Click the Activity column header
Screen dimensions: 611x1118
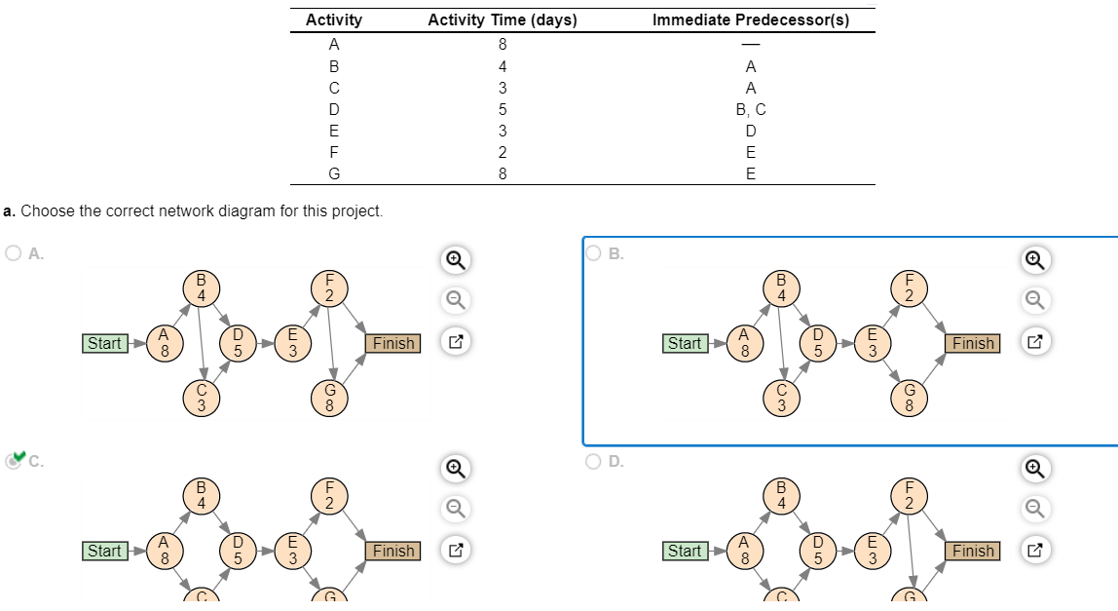pyautogui.click(x=333, y=20)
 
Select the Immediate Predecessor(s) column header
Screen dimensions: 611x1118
pyautogui.click(x=750, y=20)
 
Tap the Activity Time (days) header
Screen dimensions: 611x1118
pyautogui.click(x=502, y=20)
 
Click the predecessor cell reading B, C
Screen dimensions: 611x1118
pyautogui.click(x=750, y=110)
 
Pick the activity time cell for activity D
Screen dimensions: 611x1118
pyautogui.click(x=503, y=110)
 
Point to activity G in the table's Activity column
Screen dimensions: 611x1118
pyautogui.click(x=334, y=174)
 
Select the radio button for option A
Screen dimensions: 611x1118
pyautogui.click(x=14, y=253)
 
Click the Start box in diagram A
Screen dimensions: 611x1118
pyautogui.click(x=104, y=343)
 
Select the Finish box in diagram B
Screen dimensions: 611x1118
pyautogui.click(x=973, y=343)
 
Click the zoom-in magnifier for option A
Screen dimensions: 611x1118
pyautogui.click(x=455, y=260)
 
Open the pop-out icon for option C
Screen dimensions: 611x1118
pyautogui.click(x=455, y=551)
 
